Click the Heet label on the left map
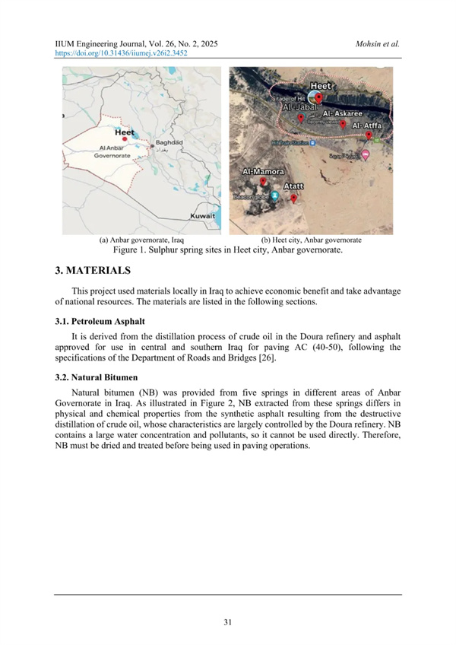[125, 132]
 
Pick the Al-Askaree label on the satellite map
[341, 112]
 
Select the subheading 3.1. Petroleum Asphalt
[103, 319]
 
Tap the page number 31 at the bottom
[228, 623]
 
